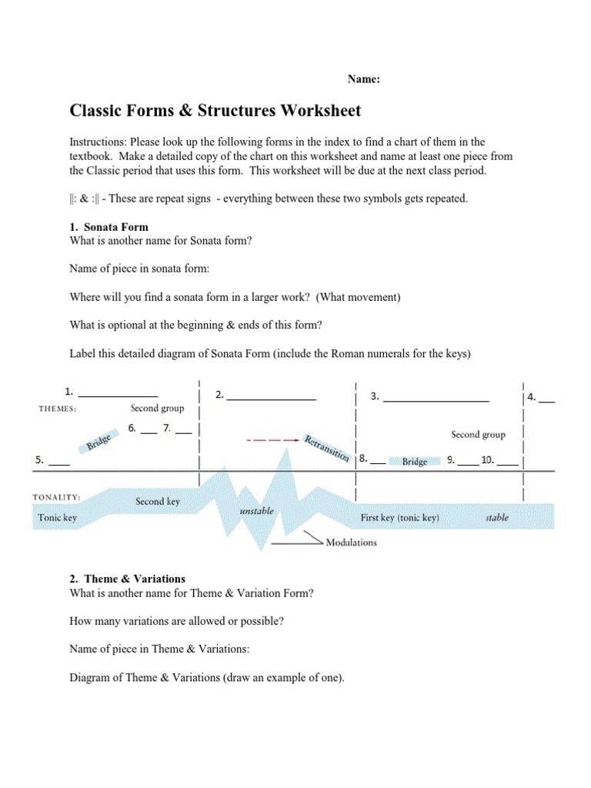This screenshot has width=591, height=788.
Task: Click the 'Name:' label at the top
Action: [364, 78]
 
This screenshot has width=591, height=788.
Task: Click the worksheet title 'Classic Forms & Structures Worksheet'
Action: [215, 111]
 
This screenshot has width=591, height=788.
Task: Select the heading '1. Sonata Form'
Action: [109, 227]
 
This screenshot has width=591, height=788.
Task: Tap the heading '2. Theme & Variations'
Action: [127, 578]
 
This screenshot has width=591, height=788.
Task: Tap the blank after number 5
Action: [59, 464]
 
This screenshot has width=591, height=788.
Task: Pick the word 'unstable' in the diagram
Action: [256, 511]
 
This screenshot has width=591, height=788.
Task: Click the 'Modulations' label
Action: [351, 542]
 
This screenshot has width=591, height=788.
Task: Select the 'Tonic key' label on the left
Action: [58, 518]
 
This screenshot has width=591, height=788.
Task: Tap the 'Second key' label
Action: [158, 501]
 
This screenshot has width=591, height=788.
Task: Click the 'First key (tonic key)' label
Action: [399, 518]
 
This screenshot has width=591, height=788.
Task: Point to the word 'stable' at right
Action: [497, 518]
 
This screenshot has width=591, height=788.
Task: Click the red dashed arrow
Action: [272, 440]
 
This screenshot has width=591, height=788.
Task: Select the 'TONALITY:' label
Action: [57, 497]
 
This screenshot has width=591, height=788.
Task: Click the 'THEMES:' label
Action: [58, 409]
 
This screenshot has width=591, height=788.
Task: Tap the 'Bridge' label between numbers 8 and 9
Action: [415, 462]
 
